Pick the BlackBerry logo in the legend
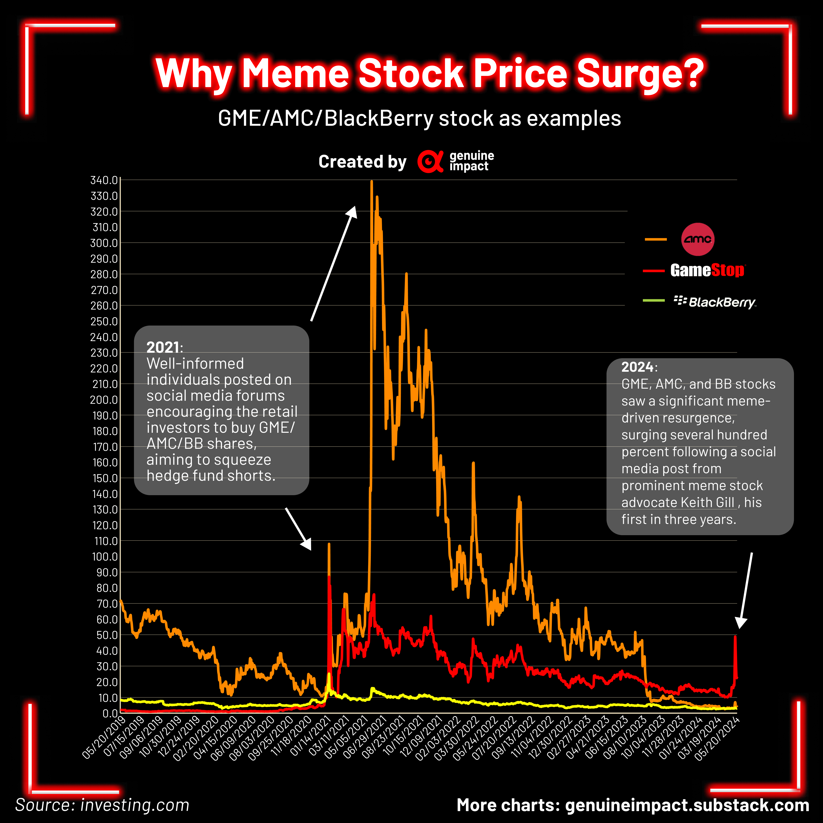[715, 302]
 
